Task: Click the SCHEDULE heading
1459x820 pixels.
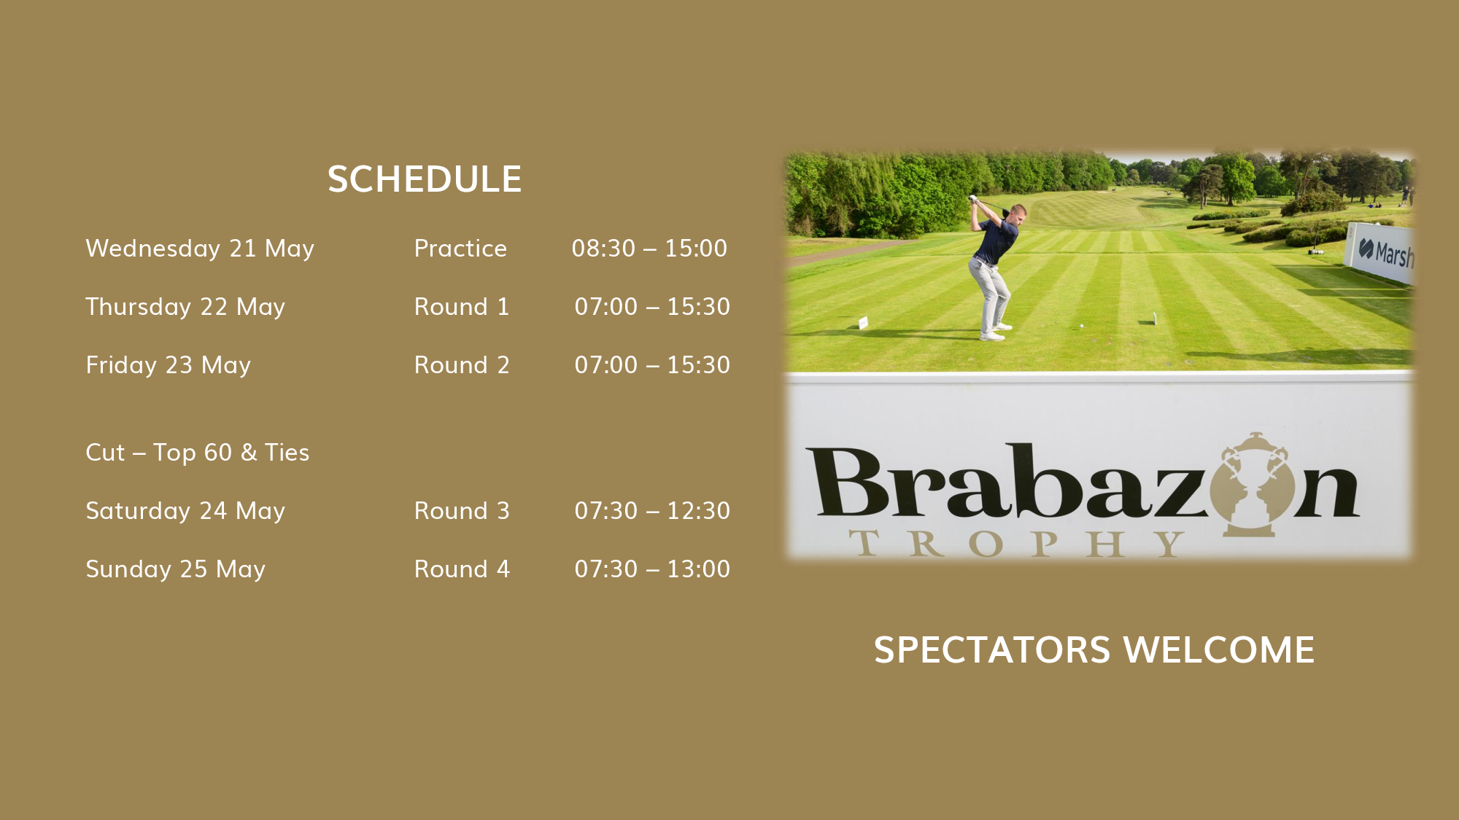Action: point(425,179)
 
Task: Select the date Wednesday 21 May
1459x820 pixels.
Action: point(200,249)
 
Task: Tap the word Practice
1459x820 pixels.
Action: point(460,249)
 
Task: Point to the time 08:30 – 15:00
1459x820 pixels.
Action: point(649,249)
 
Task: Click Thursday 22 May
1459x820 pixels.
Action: point(185,308)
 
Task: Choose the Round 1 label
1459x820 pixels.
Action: point(462,307)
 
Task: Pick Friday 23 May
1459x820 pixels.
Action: point(169,366)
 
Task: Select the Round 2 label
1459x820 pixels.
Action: point(462,365)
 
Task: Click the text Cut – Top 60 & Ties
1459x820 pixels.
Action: point(198,453)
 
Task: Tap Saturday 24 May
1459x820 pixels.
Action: point(185,512)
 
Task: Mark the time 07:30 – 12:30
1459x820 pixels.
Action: point(652,511)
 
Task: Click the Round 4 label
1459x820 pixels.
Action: point(462,569)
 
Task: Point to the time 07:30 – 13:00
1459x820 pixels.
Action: point(652,569)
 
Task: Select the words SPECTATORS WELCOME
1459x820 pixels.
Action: point(1094,650)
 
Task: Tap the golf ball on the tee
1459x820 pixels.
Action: point(1081,326)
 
